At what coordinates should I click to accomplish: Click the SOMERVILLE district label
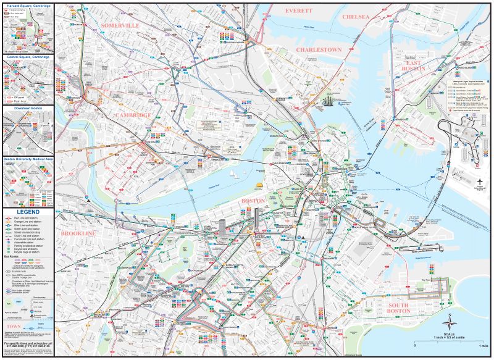(119, 25)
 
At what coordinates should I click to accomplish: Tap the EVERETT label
(299, 11)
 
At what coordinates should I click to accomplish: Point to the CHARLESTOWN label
(319, 49)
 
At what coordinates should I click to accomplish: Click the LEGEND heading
(28, 211)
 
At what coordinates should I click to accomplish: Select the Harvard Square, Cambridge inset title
(28, 6)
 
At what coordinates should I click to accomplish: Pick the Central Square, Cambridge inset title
(28, 57)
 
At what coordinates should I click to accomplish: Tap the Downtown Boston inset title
(28, 108)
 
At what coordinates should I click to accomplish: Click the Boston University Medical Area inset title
(28, 159)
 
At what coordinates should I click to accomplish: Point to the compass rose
(450, 322)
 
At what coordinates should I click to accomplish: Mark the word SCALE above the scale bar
(450, 333)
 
